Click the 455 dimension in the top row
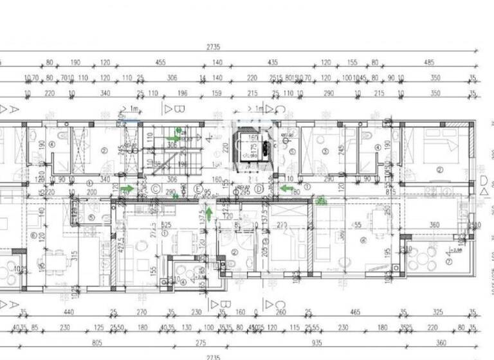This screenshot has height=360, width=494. tap(160, 62)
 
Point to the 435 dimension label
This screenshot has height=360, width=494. tap(273, 62)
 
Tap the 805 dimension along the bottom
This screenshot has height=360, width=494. tap(98, 343)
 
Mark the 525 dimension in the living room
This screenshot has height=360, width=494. tap(165, 224)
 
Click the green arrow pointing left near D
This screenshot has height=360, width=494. tap(287, 188)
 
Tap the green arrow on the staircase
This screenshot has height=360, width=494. tap(174, 138)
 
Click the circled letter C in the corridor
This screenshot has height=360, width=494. tap(156, 189)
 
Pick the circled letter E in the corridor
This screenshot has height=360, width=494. tap(197, 189)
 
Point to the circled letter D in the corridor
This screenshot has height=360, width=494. tap(259, 189)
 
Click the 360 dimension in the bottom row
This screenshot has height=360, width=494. tap(441, 343)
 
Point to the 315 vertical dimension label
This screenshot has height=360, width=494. tap(75, 256)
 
